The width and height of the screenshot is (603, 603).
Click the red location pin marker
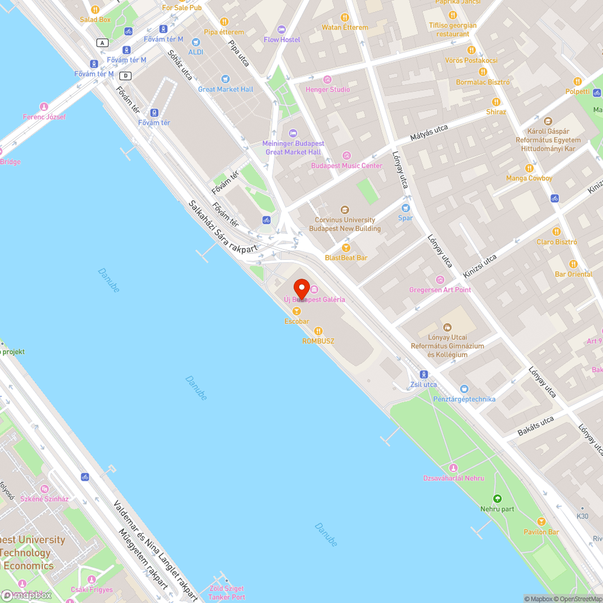coord(301,288)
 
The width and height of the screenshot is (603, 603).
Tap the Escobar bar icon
coord(296,311)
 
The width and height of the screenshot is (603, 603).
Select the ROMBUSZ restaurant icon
coord(318,330)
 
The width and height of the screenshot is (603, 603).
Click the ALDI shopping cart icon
coord(195,42)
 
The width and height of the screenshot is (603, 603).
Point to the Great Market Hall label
coord(226,89)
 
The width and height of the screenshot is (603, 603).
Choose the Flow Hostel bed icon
coord(281,30)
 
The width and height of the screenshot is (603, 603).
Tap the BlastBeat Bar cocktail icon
coord(346,247)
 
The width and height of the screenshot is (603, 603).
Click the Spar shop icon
coord(405,208)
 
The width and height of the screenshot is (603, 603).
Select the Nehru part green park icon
coord(497,499)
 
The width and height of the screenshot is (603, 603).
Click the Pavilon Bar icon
coord(541,522)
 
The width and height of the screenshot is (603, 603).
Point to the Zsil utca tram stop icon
coord(424,374)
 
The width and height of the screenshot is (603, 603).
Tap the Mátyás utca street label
coord(429,133)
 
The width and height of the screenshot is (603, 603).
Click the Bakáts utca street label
coord(535,426)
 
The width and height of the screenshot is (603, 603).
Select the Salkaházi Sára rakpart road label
coord(223,226)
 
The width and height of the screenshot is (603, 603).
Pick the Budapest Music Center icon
coord(346,156)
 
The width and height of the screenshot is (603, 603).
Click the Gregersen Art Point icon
coord(440,279)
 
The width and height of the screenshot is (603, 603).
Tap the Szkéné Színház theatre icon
coord(44,489)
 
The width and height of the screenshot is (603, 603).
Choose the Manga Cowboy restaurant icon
coord(529,168)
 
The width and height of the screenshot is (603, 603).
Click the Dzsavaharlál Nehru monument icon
coord(453,468)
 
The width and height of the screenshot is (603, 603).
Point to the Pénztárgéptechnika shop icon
coord(464,389)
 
